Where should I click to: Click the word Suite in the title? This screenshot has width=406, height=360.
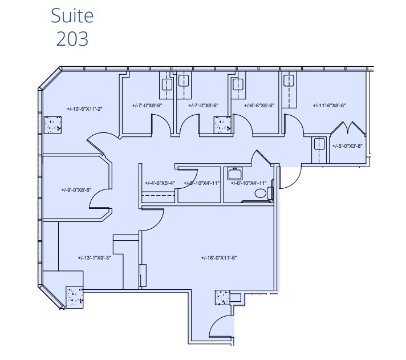pos(72,15)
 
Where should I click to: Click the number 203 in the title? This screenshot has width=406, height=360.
pos(72,38)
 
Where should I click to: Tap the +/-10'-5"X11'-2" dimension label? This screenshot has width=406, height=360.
pos(84,108)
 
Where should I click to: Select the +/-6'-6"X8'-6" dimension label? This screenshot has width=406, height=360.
pos(259,106)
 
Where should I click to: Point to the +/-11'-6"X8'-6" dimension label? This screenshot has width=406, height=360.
pos(330,106)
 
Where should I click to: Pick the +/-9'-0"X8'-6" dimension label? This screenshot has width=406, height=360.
pos(76,190)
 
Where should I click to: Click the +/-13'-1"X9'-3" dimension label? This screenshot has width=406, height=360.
pos(94,258)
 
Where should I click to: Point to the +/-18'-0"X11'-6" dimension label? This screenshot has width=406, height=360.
pos(219,258)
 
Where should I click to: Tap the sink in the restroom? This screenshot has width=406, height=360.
pos(234,173)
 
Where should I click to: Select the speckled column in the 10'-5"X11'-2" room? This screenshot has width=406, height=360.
pos(53,124)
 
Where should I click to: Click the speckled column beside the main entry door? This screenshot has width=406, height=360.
pos(222,297)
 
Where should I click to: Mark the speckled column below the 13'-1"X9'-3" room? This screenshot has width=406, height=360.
pos(74,296)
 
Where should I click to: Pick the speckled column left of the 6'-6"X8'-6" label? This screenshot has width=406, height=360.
pos(222,124)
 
